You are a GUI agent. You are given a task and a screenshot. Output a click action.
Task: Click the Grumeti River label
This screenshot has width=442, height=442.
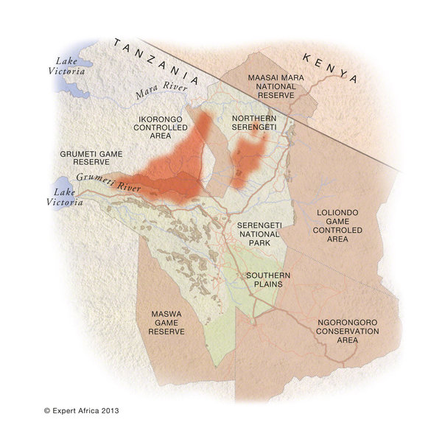click(x=98, y=180)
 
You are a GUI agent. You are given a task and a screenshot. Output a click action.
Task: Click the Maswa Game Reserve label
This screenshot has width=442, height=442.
click(x=166, y=322)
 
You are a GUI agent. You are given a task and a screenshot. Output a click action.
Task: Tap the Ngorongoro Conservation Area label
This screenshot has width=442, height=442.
click(x=348, y=331)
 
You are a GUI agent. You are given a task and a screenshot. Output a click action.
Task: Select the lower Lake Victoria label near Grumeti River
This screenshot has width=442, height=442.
click(x=68, y=196)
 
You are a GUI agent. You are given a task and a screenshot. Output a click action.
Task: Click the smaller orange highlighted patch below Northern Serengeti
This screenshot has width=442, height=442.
click(x=247, y=160)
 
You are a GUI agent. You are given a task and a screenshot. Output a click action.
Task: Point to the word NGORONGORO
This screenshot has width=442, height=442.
click(x=348, y=322)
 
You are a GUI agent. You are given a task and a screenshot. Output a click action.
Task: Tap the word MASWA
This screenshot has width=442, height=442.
click(x=166, y=313)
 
